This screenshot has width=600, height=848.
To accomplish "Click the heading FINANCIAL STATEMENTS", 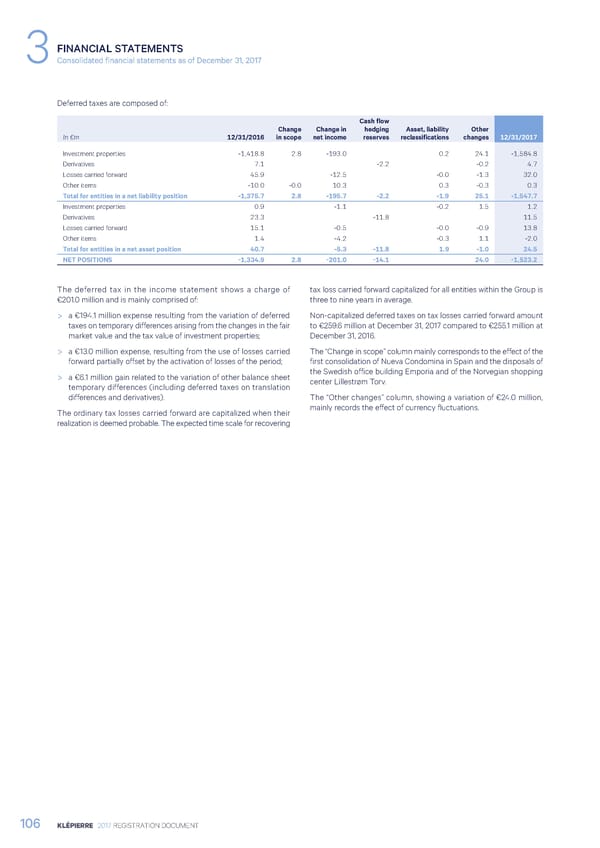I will click(120, 46).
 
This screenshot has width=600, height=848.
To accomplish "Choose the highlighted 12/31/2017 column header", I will click(518, 137).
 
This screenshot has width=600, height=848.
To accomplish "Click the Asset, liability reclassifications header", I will click(426, 132).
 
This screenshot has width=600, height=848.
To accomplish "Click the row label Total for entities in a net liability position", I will click(125, 196).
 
